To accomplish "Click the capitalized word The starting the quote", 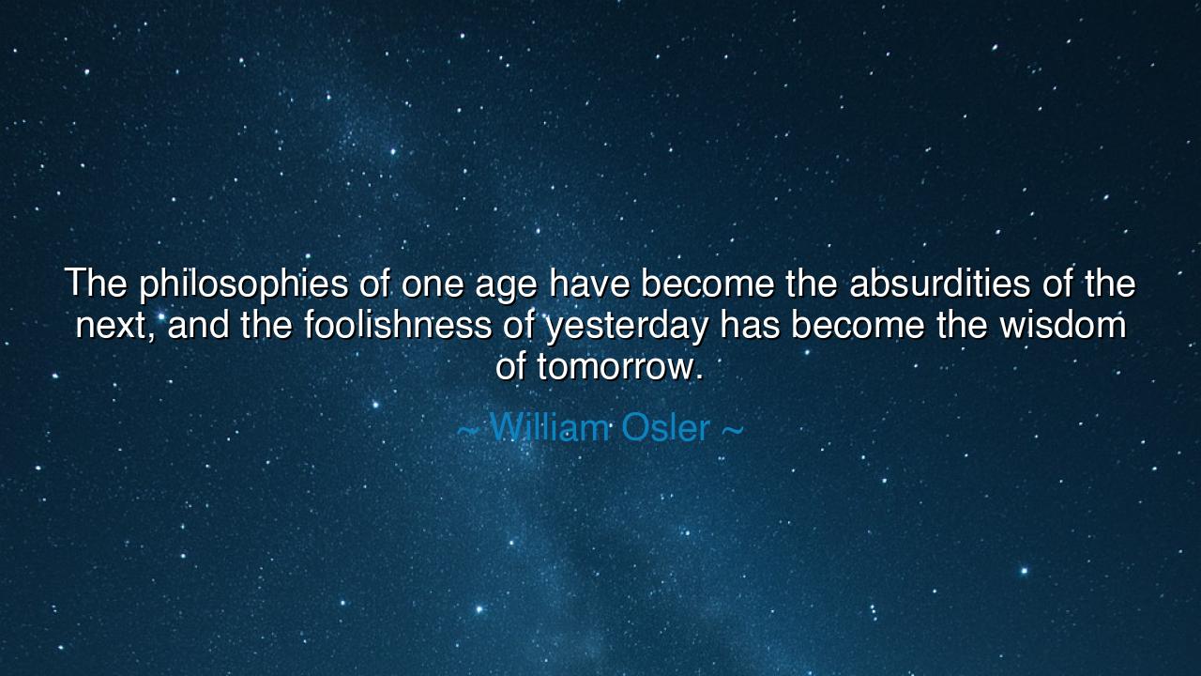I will (95, 283).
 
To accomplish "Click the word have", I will (589, 283).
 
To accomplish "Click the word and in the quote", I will (199, 325).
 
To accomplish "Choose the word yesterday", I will (626, 327).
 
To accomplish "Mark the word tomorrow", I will (619, 367).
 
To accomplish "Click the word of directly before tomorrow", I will (511, 366).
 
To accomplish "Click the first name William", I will (550, 428).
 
